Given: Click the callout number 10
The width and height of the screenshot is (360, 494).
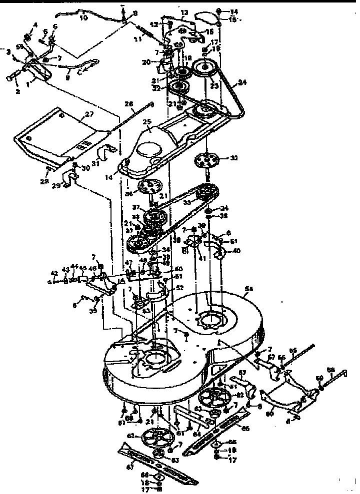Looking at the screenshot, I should (83, 18).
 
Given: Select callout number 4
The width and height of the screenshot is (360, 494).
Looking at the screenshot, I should (35, 24).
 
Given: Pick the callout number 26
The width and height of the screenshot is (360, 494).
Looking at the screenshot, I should (129, 104).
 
